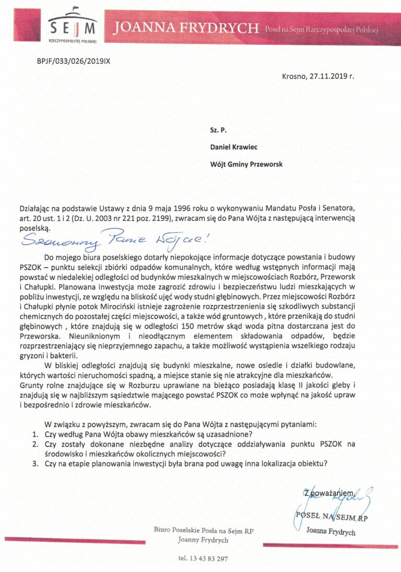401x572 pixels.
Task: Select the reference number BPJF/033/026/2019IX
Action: coord(73,61)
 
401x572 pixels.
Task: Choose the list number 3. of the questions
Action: coord(35,463)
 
